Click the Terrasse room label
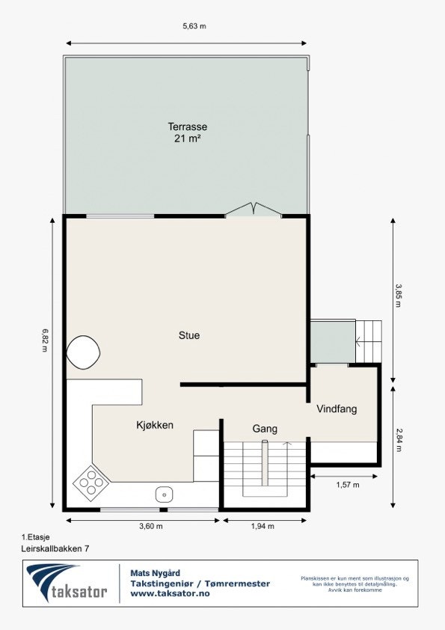coord(187,127)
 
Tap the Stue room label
coord(189,335)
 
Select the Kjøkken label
coord(155,425)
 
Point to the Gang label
coord(265,429)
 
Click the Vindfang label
coord(337,409)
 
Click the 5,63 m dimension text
coord(194,26)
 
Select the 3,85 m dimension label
coord(398,299)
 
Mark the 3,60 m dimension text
coord(150,526)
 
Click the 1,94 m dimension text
coord(263,526)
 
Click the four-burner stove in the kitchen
coord(90,483)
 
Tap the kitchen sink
coord(164,494)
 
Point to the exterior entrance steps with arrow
coord(368,342)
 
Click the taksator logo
coord(67,584)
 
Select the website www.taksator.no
coord(170,593)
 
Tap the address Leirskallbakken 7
coord(56,548)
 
